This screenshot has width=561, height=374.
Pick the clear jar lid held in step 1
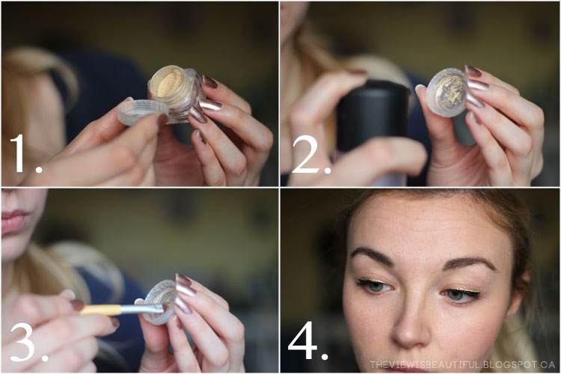pos(142,111)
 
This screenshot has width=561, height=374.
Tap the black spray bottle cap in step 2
pos(373,114)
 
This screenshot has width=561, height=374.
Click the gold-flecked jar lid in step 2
pos(447,92)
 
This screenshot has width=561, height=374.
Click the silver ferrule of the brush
pos(142,309)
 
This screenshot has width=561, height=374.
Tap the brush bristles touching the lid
pos(167,307)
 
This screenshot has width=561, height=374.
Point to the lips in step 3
pos(14,221)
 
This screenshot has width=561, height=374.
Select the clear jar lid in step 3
pos(159,301)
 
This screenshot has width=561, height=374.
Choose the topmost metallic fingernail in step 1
pos(210,82)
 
